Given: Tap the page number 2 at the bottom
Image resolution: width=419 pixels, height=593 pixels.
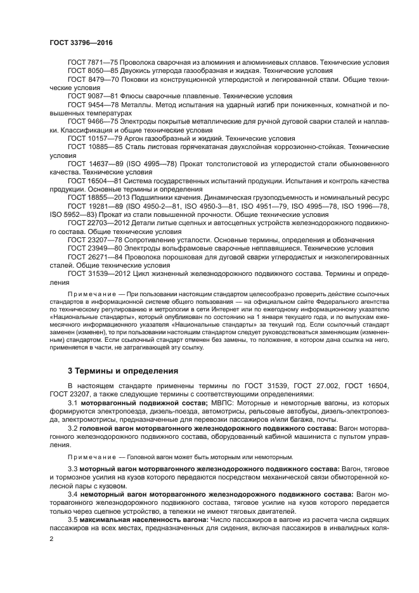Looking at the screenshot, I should pos(51,538).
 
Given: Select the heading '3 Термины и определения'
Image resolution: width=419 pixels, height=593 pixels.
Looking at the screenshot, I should pos(114,370).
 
